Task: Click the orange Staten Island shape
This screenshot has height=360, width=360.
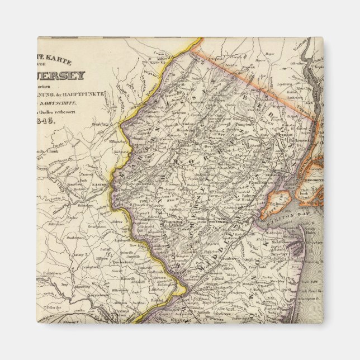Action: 275,203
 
